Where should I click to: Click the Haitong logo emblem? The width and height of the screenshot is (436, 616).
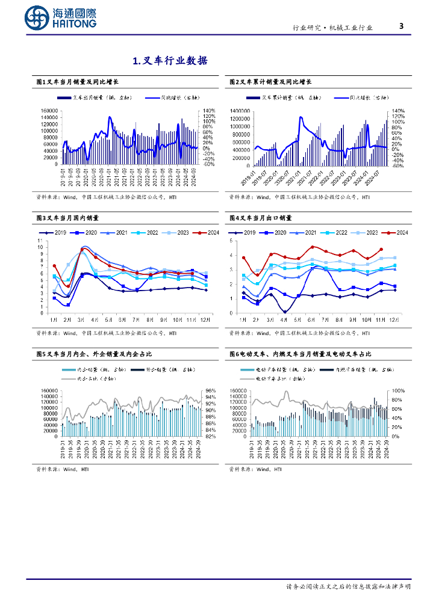coord(37,19)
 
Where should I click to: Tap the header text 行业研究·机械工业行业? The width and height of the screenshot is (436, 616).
coord(332,28)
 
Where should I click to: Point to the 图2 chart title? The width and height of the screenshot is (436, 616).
coord(270,82)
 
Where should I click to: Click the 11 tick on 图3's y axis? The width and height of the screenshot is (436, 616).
coord(40,241)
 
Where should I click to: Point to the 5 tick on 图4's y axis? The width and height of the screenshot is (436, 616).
coord(232,241)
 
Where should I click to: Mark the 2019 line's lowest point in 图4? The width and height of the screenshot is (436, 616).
coord(284,312)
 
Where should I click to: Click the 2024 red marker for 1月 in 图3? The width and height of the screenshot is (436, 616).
coord(54,266)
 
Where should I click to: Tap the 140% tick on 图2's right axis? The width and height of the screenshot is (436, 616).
coord(398,111)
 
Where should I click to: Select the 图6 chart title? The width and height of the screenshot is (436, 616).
coord(300,355)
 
